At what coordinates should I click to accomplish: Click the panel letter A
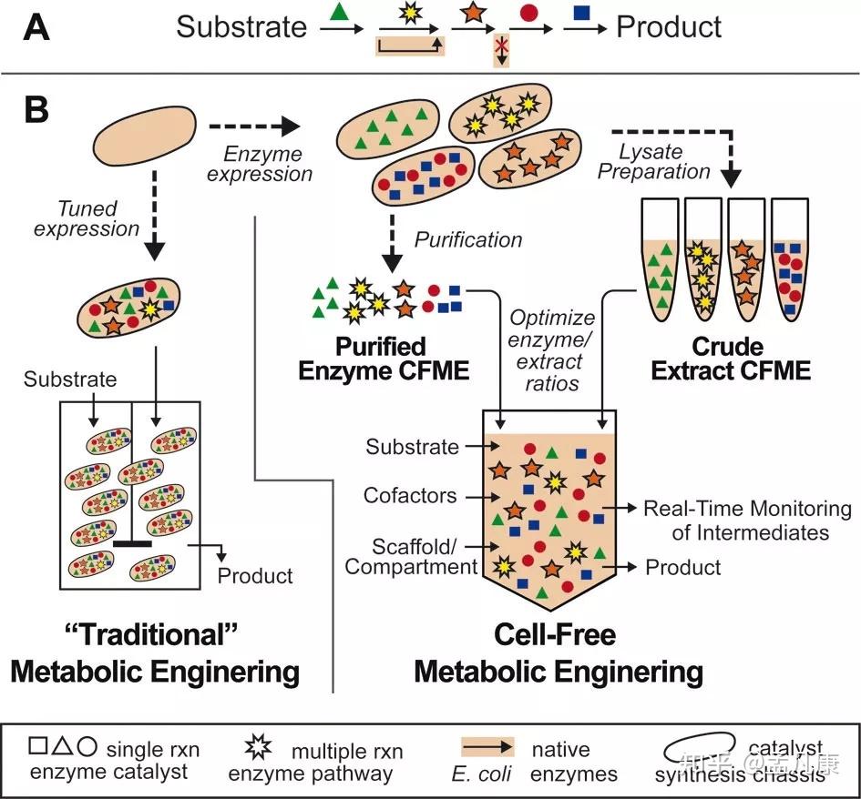pos(36,27)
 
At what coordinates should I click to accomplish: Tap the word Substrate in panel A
pos(241,27)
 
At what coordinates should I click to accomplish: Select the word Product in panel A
pos(669,27)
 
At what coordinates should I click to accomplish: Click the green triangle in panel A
pos(339,14)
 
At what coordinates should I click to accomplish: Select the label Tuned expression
pos(87,217)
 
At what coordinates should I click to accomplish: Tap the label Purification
pos(468,240)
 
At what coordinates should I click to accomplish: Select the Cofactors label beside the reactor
pos(410,496)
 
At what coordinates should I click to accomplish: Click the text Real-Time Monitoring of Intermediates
pos(747,520)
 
